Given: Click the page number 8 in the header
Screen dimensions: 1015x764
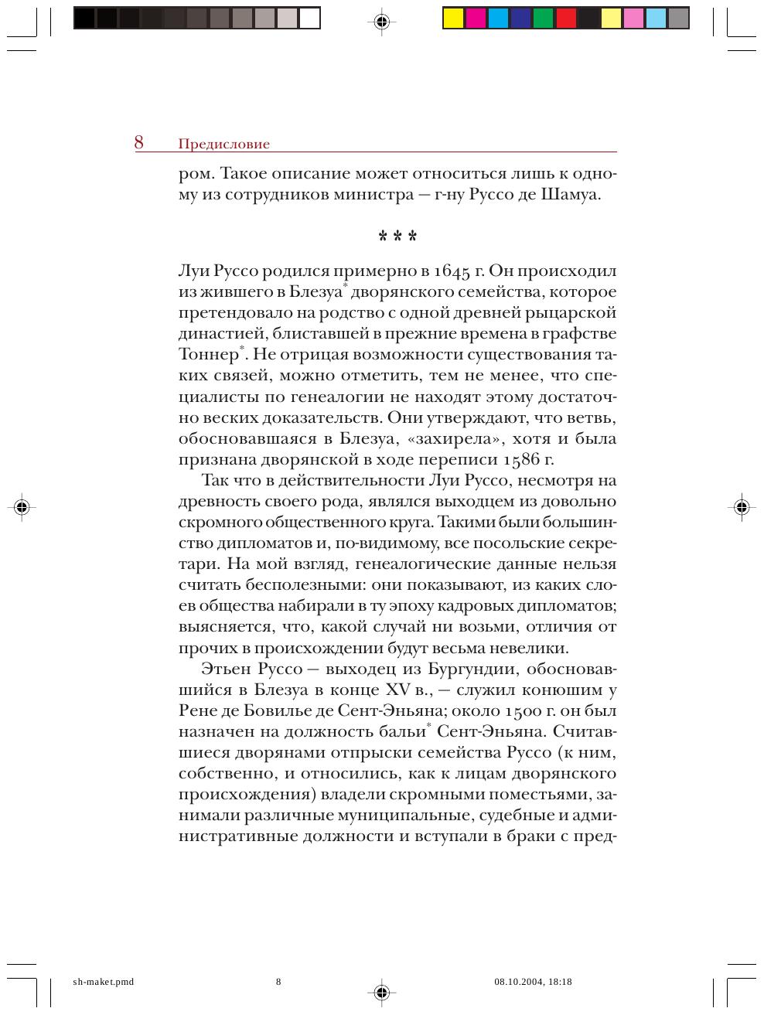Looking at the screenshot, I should coord(139,142).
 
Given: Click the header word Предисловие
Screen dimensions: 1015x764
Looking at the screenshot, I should coord(223,145).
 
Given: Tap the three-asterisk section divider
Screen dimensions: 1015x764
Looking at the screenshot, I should coord(397,235).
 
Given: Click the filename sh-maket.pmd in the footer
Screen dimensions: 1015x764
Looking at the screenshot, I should coord(103,982).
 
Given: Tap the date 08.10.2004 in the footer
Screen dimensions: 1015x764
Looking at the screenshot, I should coord(518,982).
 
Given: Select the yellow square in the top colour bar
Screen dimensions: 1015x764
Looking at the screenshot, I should coord(453,18).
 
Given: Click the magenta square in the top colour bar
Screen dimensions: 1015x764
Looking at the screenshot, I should coord(476,18).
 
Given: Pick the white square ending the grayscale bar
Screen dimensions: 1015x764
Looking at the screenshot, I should coord(309,18).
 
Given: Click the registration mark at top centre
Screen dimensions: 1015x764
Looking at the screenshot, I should coord(380,22).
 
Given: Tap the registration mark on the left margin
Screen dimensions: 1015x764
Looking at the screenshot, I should coord(22,507).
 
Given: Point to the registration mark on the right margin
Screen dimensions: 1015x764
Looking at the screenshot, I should coord(741,507).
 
